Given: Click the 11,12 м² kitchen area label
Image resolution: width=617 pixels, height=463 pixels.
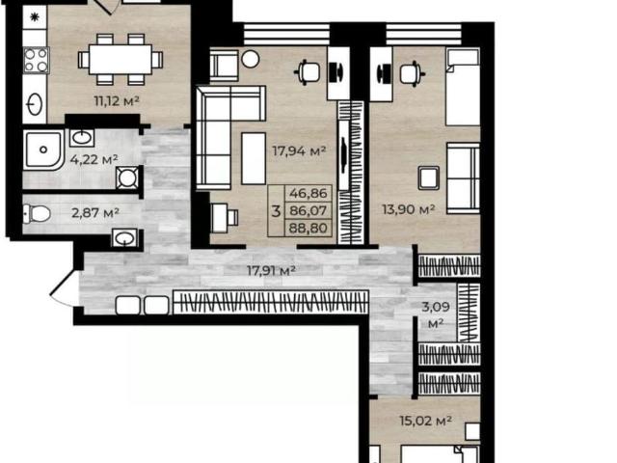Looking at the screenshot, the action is [117, 100].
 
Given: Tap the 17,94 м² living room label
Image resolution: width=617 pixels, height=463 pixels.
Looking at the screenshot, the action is [299, 150].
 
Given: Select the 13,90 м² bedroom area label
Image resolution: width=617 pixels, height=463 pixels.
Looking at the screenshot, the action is [409, 209].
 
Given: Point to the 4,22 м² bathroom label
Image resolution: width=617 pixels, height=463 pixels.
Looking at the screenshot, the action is [94, 159].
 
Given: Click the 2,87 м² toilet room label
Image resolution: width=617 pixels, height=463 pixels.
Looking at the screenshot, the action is [95, 213].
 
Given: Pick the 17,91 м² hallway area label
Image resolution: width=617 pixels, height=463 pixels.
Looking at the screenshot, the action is [271, 270].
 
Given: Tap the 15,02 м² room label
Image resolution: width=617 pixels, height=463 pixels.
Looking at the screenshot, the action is [425, 421].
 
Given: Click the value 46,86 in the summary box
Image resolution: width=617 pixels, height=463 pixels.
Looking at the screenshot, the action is [308, 193].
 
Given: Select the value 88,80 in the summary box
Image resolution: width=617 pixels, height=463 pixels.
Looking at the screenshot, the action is [308, 228].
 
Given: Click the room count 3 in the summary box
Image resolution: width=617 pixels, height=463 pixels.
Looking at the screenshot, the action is [277, 211].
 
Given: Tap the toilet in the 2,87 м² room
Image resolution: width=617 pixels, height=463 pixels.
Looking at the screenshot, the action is [37, 214].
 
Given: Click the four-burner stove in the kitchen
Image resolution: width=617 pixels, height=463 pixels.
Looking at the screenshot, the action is [36, 60].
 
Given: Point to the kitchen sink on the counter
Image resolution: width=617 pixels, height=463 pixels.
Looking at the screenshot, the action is [35, 104].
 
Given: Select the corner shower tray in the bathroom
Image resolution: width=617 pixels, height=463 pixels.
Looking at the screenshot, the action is [42, 150].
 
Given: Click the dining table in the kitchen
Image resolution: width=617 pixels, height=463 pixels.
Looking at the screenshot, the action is [121, 60].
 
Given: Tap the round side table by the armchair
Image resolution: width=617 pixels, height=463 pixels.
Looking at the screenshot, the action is [251, 59].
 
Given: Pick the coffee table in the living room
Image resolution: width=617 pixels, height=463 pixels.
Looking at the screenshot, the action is [254, 158].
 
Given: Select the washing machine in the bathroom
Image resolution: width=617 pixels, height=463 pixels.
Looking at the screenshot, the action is [127, 177].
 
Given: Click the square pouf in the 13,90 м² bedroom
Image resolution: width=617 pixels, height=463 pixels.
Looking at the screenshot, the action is [428, 177].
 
